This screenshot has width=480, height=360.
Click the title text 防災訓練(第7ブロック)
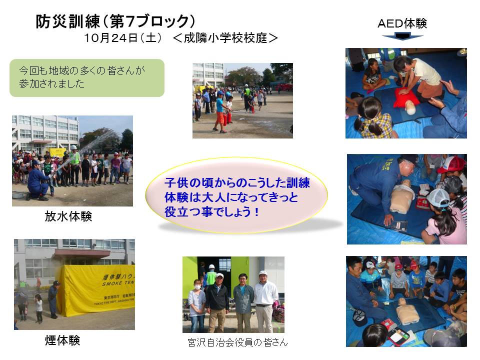click(x=115, y=21)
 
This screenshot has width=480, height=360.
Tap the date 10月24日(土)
click(x=123, y=38)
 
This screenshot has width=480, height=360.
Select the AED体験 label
click(x=402, y=23)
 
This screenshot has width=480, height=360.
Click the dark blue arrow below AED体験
click(x=402, y=36)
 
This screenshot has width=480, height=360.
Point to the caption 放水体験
click(x=68, y=216)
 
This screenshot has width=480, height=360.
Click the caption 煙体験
click(x=62, y=340)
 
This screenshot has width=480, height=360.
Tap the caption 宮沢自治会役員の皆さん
click(x=237, y=342)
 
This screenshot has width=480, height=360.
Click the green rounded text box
click(x=87, y=78)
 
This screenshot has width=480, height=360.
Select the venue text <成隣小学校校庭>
click(x=225, y=38)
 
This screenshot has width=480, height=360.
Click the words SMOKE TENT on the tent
click(x=118, y=283)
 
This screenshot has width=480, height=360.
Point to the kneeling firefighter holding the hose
click(x=38, y=180)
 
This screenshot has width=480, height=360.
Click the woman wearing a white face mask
click(x=196, y=305)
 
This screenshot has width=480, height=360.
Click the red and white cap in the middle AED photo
click(x=452, y=164)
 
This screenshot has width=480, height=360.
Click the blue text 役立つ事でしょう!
click(x=212, y=212)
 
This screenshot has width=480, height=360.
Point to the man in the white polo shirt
click(x=265, y=301)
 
